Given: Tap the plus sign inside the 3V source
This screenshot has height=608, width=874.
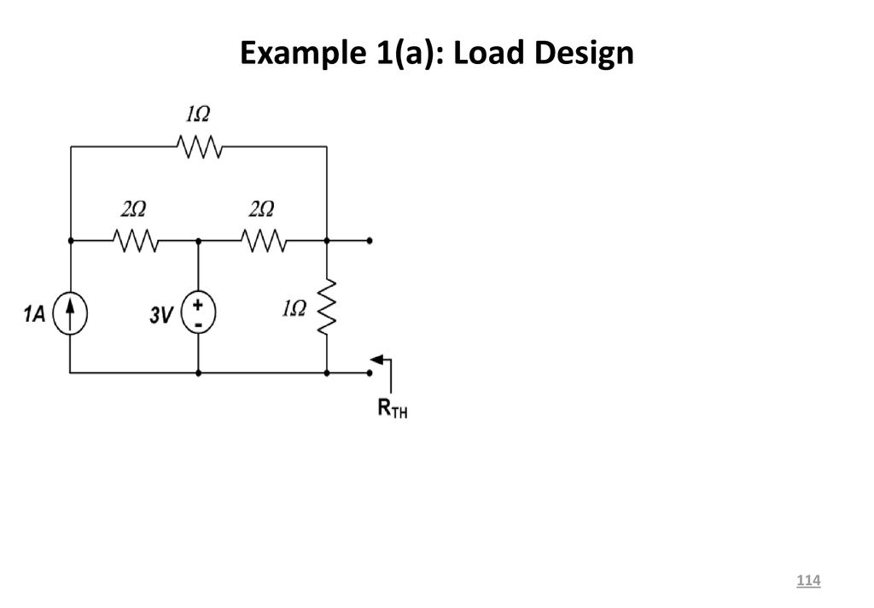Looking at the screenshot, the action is (198, 305).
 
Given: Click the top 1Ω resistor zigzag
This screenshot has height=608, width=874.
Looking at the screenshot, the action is (200, 146).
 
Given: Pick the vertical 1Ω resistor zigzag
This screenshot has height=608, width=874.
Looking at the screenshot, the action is (327, 307).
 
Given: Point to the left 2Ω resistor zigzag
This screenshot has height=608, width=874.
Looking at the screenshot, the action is (136, 241).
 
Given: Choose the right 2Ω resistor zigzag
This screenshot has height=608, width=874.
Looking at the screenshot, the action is (264, 241).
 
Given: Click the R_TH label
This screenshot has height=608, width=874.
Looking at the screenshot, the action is (393, 409).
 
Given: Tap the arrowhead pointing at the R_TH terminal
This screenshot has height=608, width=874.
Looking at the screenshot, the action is (376, 360).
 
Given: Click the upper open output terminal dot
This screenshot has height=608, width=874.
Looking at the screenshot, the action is (370, 241).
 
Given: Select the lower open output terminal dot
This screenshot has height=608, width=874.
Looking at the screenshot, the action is (370, 372).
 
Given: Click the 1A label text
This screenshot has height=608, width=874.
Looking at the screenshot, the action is (34, 314).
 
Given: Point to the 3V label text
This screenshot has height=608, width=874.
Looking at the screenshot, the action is (161, 315).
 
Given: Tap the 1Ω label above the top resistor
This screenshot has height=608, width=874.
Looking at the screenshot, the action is (198, 114).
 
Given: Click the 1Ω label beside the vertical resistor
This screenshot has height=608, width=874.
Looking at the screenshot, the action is (294, 308).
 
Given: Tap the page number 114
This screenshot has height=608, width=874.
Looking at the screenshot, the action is (808, 580).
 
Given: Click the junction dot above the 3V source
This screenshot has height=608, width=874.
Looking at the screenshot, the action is (198, 241).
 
